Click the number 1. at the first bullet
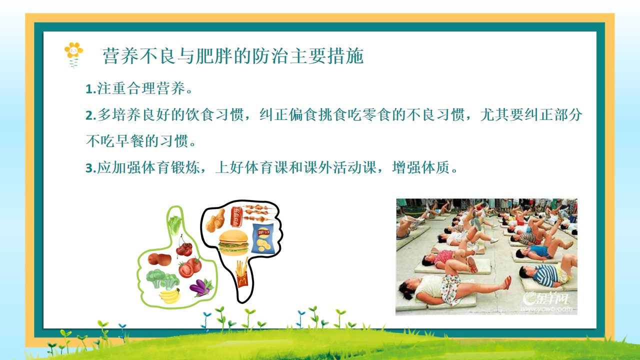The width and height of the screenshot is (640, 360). click(91, 89)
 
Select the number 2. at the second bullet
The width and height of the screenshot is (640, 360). click(91, 115)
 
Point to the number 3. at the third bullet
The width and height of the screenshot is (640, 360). click(91, 168)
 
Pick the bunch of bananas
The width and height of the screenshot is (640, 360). click(170, 295)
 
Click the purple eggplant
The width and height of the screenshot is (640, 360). click(201, 287)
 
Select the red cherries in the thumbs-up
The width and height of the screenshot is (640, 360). click(184, 246)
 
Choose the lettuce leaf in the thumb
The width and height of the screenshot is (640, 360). click(175, 225)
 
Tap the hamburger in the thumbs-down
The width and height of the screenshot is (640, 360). click(233, 242)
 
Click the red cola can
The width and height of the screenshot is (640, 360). click(236, 216)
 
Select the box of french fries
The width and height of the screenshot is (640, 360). click(241, 272)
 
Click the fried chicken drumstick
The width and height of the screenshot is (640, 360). click(216, 221)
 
